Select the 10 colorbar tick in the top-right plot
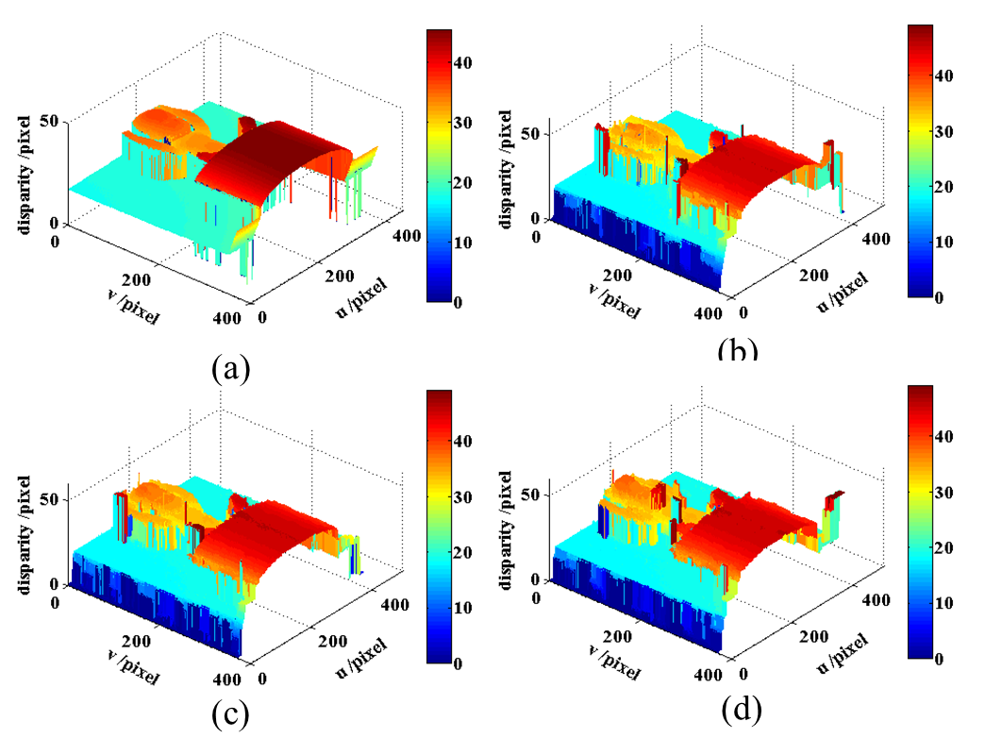tap(946, 242)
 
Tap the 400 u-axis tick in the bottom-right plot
tap(876, 600)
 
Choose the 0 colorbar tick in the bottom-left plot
tap(458, 663)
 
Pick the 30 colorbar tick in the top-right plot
tap(946, 131)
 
